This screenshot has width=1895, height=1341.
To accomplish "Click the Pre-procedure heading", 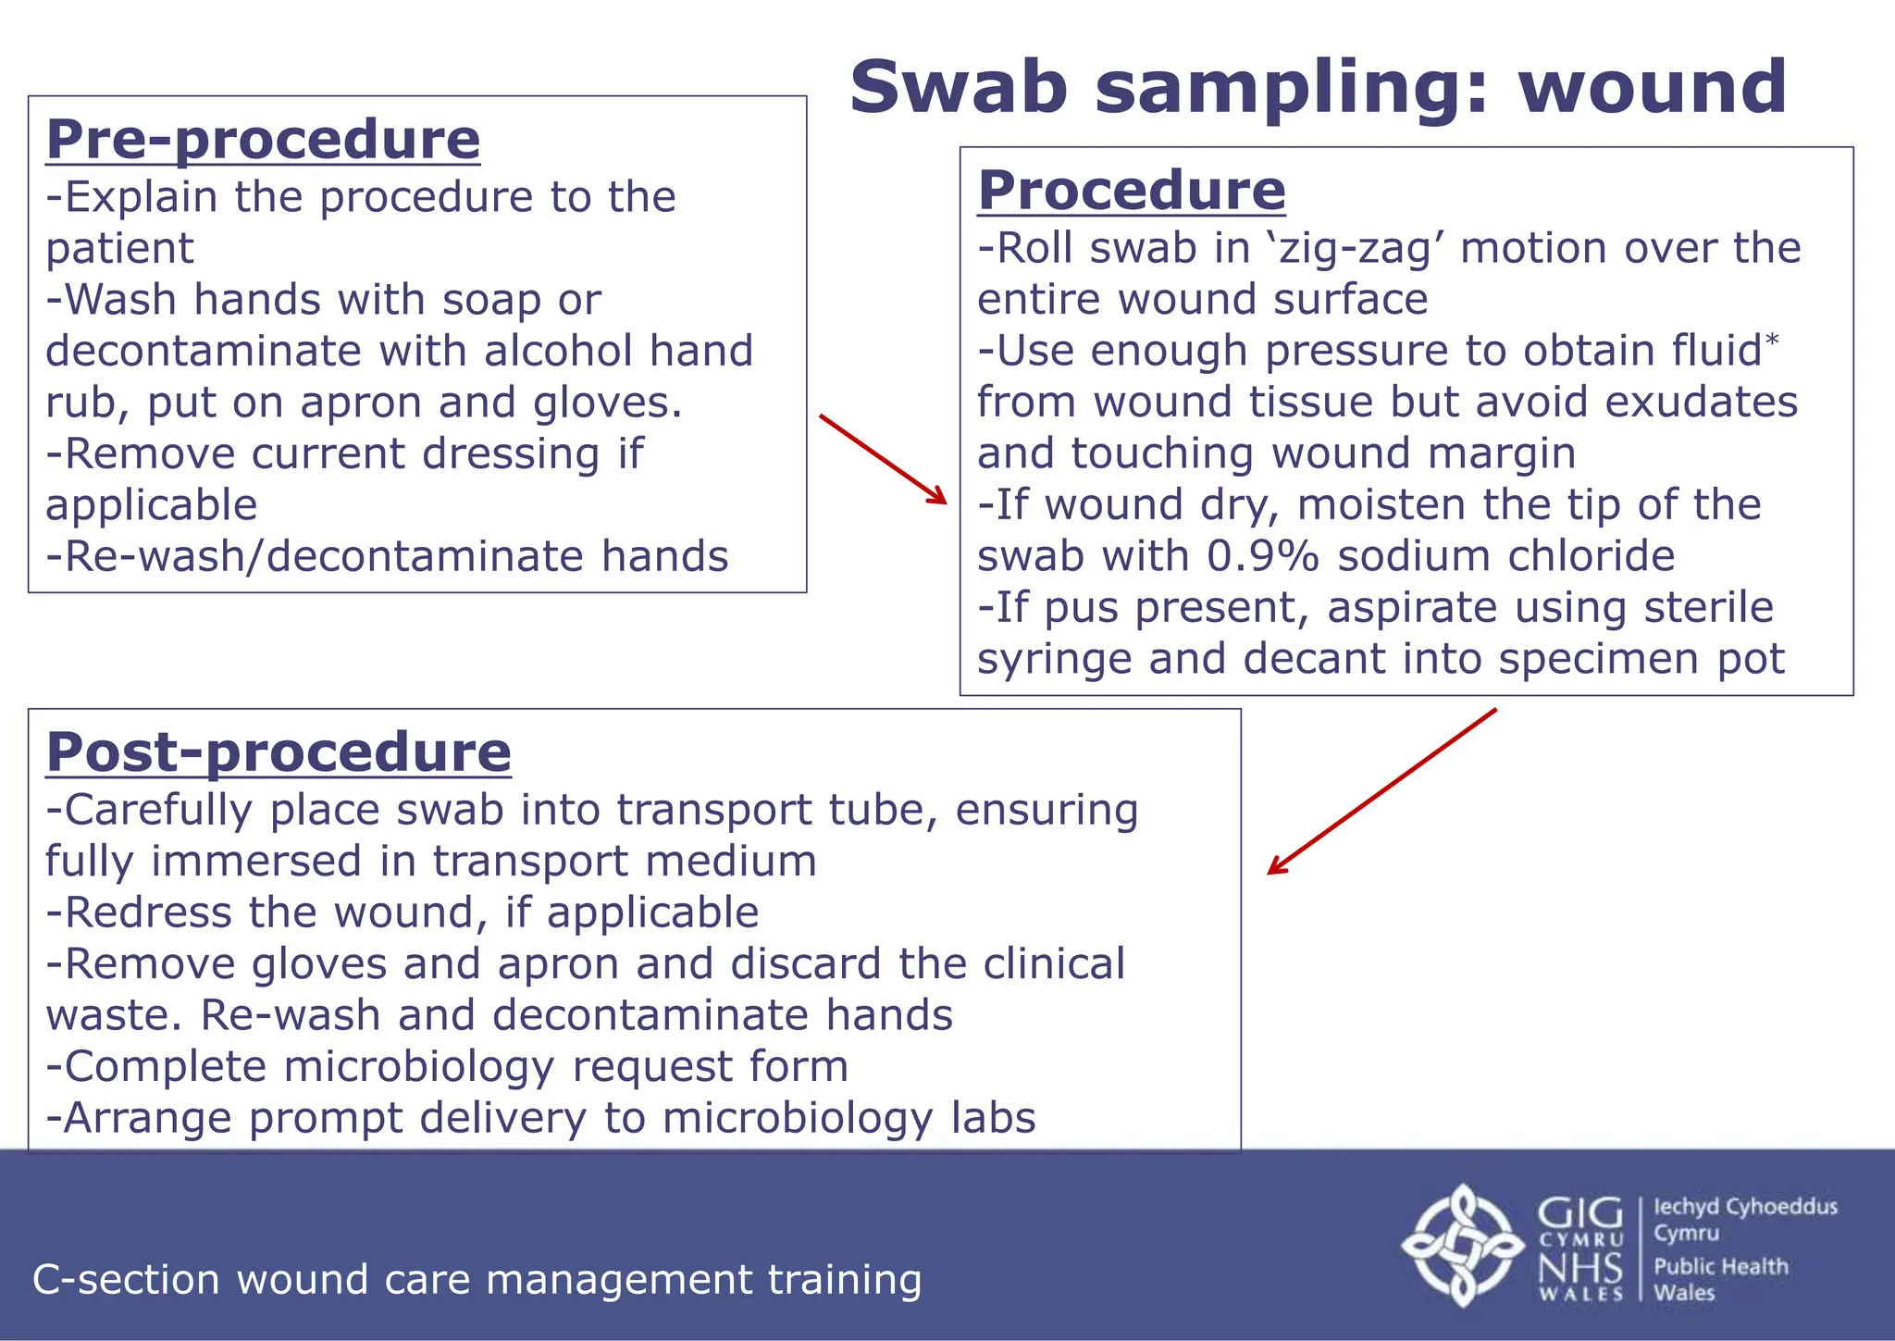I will pos(263,140).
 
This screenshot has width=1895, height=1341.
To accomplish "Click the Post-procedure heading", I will pos(278,751).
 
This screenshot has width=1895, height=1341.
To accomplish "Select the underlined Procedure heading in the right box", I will pos(1131,191).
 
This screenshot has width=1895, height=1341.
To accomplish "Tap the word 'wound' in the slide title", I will pos(1653,87).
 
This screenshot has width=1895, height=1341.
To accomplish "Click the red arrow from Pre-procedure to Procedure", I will pos(883,459).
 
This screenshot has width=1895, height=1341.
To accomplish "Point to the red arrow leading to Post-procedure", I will pos(1381,791).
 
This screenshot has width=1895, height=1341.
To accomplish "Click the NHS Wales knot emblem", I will pos(1462,1245).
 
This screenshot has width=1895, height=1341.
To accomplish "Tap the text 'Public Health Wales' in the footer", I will pos(1720,1279).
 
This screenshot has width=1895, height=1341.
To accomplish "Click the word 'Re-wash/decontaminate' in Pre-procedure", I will pos(315,557).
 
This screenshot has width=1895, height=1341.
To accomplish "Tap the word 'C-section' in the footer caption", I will pos(125,1280).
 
